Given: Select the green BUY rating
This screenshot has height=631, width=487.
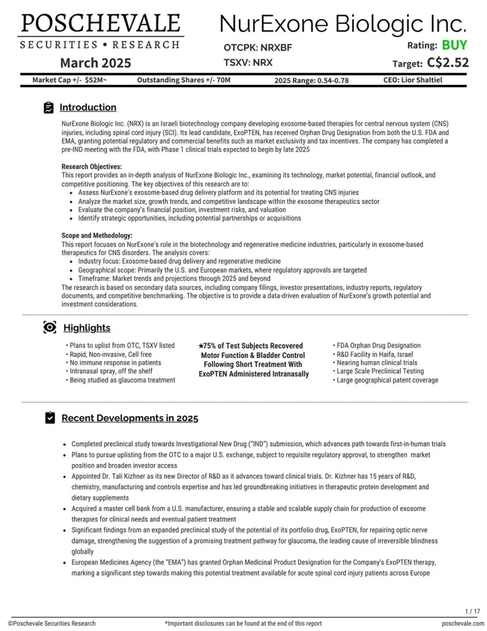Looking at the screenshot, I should [454, 45].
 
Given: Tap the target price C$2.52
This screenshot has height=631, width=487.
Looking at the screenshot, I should [448, 62].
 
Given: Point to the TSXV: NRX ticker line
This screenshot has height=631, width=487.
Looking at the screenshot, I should [248, 62].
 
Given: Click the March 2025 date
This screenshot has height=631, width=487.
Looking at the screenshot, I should [95, 63].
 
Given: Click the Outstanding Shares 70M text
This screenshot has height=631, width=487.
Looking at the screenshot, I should [183, 79].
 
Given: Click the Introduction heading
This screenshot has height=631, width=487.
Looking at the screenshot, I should [87, 107].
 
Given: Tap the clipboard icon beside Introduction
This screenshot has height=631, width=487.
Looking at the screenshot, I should [49, 108].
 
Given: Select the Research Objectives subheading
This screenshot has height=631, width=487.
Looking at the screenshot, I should [92, 166].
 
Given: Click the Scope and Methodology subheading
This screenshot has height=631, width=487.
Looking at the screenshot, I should [97, 235].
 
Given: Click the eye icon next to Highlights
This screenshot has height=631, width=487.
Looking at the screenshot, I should [49, 327].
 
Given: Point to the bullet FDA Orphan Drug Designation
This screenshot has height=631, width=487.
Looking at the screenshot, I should [378, 346].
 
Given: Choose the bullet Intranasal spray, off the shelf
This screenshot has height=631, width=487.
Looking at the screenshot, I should [115, 372].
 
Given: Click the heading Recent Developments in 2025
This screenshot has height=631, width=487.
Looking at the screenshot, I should [129, 418].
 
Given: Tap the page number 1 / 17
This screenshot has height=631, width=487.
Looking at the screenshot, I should [472, 611].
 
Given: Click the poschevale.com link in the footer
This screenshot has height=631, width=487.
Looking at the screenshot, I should [461, 624].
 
